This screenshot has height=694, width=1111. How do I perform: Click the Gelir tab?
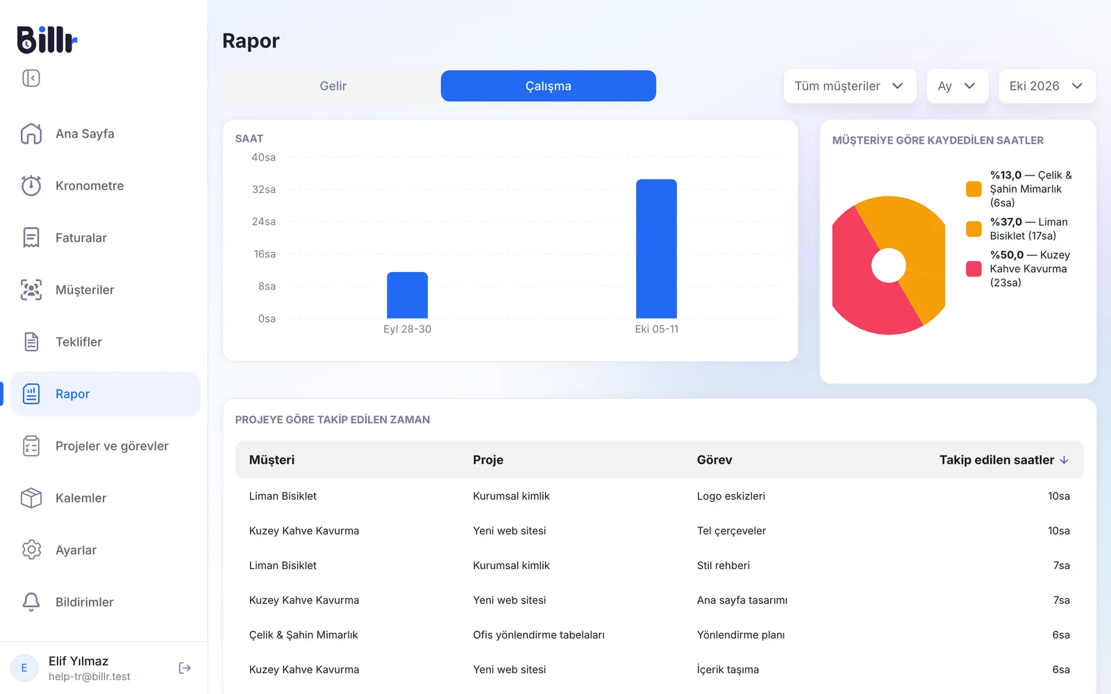pyautogui.click(x=333, y=86)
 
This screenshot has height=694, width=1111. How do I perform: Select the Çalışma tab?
pyautogui.click(x=548, y=86)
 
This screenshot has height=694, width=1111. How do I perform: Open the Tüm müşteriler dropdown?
pyautogui.click(x=850, y=86)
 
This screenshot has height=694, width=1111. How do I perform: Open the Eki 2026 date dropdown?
pyautogui.click(x=1046, y=86)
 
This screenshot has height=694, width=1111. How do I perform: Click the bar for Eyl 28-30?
pyautogui.click(x=407, y=295)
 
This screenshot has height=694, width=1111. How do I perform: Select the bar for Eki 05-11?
pyautogui.click(x=656, y=248)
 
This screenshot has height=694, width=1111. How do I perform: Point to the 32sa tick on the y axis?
pyautogui.click(x=264, y=189)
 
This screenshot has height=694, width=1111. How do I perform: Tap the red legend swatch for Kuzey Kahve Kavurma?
pyautogui.click(x=974, y=269)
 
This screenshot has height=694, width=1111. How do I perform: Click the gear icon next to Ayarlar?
pyautogui.click(x=31, y=550)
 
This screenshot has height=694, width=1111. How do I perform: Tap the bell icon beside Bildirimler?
pyautogui.click(x=31, y=602)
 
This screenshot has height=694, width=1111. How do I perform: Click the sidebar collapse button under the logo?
pyautogui.click(x=31, y=78)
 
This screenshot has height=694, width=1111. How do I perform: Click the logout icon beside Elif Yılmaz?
pyautogui.click(x=185, y=668)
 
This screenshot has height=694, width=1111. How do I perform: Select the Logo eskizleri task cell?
pyautogui.click(x=730, y=496)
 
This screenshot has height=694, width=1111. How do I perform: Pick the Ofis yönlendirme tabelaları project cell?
pyautogui.click(x=539, y=635)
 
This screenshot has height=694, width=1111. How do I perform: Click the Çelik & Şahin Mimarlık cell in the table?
pyautogui.click(x=303, y=635)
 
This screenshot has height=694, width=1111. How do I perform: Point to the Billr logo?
pyautogui.click(x=47, y=40)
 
